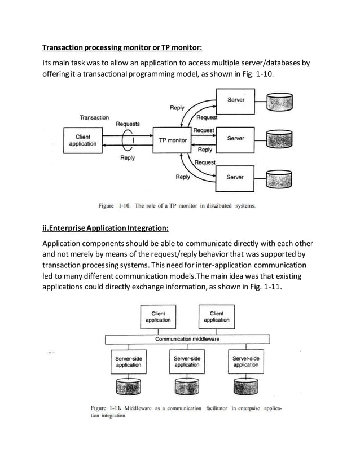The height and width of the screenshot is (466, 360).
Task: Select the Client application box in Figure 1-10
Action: click(x=82, y=140)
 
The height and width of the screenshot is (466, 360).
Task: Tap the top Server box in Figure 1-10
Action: click(x=235, y=104)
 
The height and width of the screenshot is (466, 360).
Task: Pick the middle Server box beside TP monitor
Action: click(x=235, y=138)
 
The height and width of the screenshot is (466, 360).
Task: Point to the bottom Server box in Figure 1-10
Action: click(x=235, y=177)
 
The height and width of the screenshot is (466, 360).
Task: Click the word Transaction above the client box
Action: click(x=94, y=117)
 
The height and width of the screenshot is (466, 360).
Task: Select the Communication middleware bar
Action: click(x=187, y=339)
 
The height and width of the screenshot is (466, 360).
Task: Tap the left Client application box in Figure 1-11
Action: click(x=158, y=316)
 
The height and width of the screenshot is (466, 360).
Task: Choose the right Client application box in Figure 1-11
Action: click(x=216, y=316)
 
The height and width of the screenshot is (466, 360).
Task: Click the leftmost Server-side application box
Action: click(x=129, y=362)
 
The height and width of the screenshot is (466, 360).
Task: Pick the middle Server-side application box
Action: click(x=187, y=362)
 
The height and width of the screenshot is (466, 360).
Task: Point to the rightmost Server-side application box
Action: click(x=245, y=362)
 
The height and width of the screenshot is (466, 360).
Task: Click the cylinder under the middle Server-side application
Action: click(x=187, y=386)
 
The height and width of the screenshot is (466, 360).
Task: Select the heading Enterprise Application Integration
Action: click(x=105, y=228)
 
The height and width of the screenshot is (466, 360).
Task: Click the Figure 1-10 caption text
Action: click(x=177, y=206)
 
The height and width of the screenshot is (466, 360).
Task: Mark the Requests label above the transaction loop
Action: click(x=128, y=124)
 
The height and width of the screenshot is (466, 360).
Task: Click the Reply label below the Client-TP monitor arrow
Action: click(x=128, y=158)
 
